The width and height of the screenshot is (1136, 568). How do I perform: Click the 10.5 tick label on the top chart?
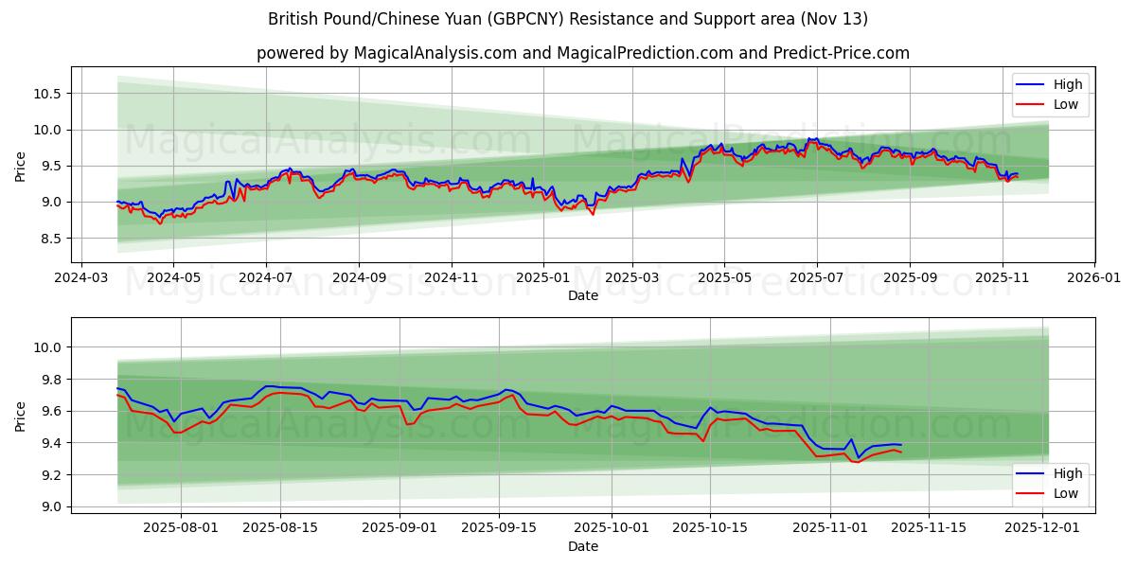click(x=47, y=94)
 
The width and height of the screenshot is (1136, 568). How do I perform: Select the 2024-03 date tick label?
click(x=80, y=278)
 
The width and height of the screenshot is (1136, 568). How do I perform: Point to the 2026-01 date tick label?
click(x=1093, y=278)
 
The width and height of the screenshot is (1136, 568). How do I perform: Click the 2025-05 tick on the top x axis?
click(x=724, y=278)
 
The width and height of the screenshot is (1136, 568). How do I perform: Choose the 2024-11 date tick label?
click(x=451, y=278)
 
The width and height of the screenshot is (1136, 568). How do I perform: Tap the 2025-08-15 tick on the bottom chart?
click(x=280, y=528)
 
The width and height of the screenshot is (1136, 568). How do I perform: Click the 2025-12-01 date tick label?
click(x=1042, y=528)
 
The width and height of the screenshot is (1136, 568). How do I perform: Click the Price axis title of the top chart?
click(x=21, y=165)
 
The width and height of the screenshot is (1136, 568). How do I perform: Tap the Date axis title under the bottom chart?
click(x=583, y=546)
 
